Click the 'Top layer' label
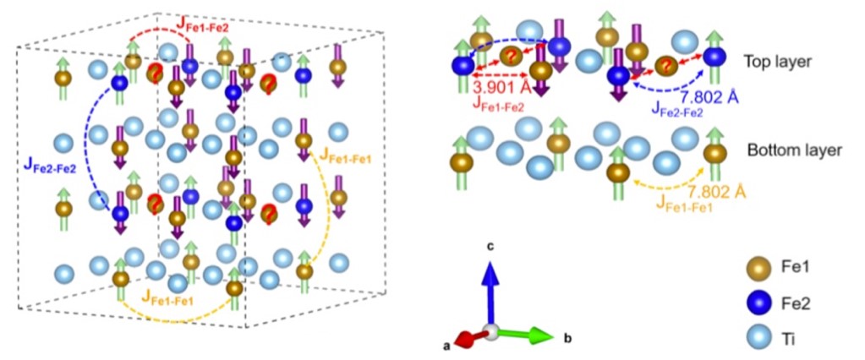(777, 62)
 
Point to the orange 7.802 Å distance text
(716, 193)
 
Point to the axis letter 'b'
(566, 339)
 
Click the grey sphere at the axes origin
(490, 331)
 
